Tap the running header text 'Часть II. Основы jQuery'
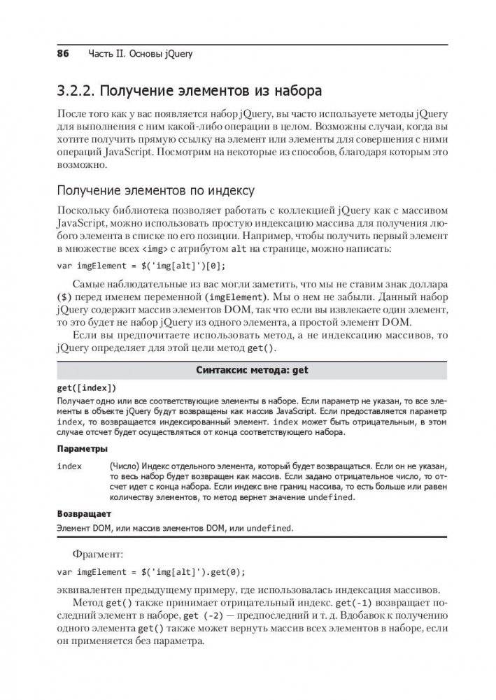pos(140,54)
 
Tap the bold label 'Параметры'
pos(82,449)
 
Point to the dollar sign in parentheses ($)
pos(63,296)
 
